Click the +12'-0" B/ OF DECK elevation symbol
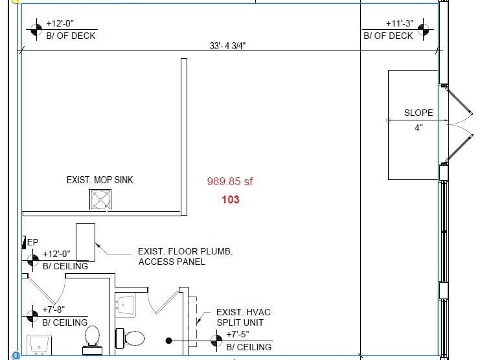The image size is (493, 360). click(36, 29)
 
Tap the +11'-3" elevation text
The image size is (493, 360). click(400, 23)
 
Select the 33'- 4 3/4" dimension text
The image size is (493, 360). click(228, 46)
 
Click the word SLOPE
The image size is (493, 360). click(418, 113)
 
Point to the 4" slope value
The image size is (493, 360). click(418, 128)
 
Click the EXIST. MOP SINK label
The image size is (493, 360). click(100, 180)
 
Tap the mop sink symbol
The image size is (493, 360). click(100, 199)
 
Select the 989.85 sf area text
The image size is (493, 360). click(230, 182)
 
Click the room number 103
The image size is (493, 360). click(231, 199)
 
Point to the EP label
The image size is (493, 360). click(33, 242)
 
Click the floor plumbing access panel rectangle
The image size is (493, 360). click(86, 243)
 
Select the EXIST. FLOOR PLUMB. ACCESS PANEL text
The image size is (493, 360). click(185, 256)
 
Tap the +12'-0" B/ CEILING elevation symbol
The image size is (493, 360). click(33, 260)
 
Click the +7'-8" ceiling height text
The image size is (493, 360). click(54, 310)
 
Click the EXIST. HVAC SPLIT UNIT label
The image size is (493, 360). click(243, 317)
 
